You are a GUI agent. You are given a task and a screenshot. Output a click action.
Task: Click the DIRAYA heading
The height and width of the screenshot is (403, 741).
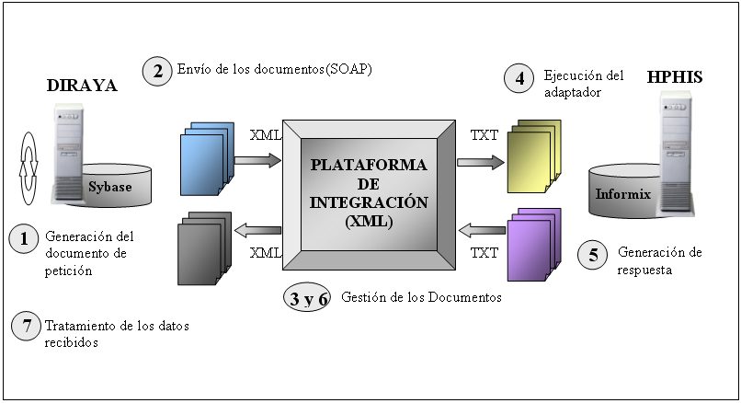[82, 86]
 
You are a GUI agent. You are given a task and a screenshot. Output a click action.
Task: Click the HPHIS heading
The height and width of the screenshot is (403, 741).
[675, 76]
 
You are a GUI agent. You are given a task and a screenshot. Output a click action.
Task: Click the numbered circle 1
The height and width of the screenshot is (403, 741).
[24, 239]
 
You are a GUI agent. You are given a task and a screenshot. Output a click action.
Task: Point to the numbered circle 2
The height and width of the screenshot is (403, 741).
[158, 71]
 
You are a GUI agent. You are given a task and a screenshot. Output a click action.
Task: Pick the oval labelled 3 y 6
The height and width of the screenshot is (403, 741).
[309, 298]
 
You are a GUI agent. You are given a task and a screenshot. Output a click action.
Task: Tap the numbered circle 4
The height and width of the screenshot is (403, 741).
[519, 79]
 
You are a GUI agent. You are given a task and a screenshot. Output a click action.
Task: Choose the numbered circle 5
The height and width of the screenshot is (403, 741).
[593, 255]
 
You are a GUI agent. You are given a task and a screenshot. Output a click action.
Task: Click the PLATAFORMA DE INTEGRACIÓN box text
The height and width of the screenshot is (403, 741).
[369, 192]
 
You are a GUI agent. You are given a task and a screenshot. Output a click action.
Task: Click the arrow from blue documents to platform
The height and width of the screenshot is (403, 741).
[256, 161]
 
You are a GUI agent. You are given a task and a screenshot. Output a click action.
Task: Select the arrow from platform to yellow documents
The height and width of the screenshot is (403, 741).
[480, 162]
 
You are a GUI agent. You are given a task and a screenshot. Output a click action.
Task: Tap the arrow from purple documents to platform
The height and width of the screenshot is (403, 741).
[480, 229]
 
